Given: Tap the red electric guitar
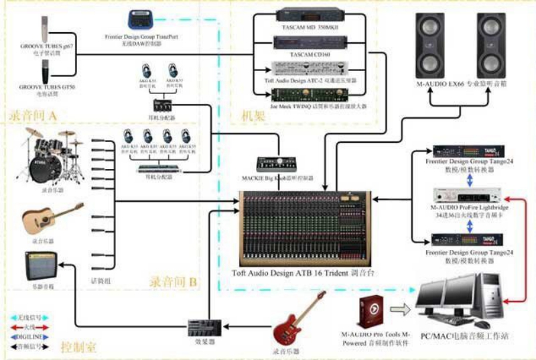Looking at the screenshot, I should (299, 316).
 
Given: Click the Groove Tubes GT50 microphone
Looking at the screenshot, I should (46, 72).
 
